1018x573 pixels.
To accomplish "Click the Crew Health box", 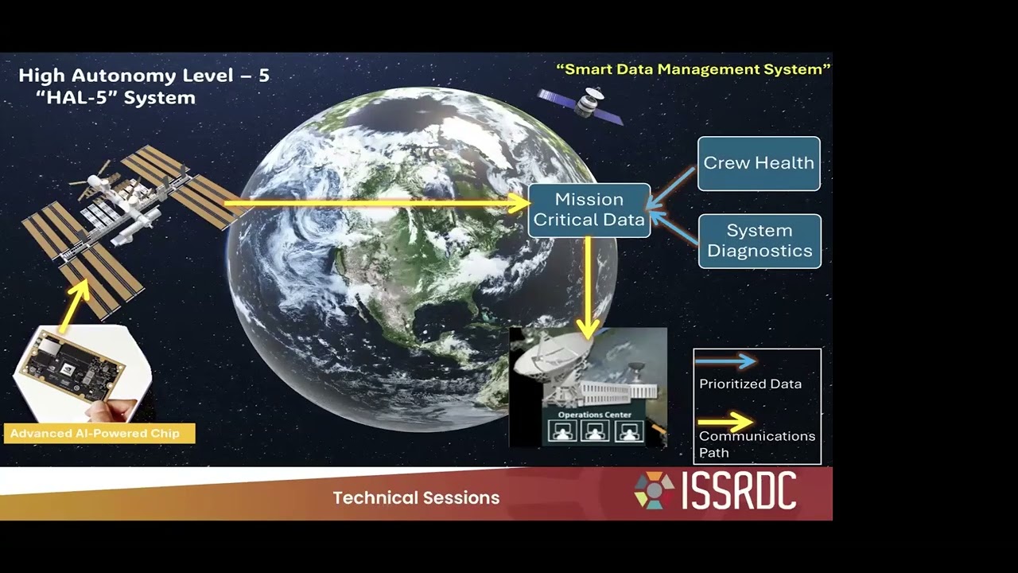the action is point(759,163).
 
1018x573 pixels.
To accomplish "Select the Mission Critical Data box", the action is point(589,210).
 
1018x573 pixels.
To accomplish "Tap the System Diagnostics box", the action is point(760,241).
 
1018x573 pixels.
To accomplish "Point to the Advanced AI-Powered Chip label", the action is point(99,434).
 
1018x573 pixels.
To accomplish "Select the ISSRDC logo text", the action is point(739,489).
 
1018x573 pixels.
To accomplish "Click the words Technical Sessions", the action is point(416,498).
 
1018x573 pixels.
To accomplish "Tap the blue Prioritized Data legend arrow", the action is point(726,361).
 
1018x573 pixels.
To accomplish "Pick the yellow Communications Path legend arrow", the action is point(726,422).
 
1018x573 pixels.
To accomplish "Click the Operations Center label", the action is point(594,415).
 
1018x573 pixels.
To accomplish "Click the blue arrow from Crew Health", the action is point(670,189).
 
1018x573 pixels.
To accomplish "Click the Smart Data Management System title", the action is point(694,69).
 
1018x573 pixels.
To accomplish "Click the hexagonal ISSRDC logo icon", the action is point(655,489).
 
